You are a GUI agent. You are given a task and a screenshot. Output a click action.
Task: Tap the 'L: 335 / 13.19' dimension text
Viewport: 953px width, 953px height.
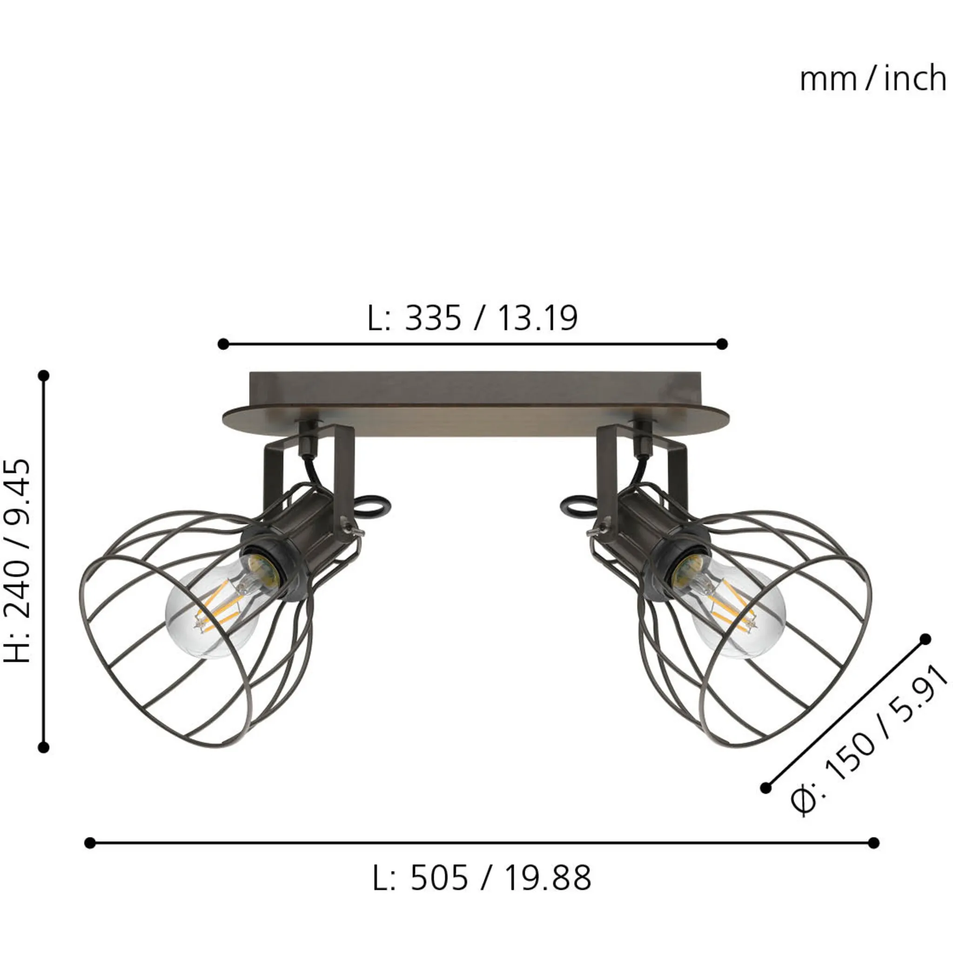[473, 318]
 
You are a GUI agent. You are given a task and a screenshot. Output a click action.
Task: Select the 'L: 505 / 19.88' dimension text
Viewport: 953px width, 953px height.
[482, 879]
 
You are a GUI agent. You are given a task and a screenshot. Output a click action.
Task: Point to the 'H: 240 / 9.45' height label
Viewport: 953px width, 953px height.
[17, 562]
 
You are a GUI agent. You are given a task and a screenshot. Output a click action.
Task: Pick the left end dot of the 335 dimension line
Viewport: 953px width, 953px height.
[223, 344]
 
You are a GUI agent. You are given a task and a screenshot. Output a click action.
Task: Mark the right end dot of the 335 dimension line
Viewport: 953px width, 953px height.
[722, 344]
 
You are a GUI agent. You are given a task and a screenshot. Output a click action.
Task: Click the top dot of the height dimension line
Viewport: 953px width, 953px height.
[44, 376]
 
